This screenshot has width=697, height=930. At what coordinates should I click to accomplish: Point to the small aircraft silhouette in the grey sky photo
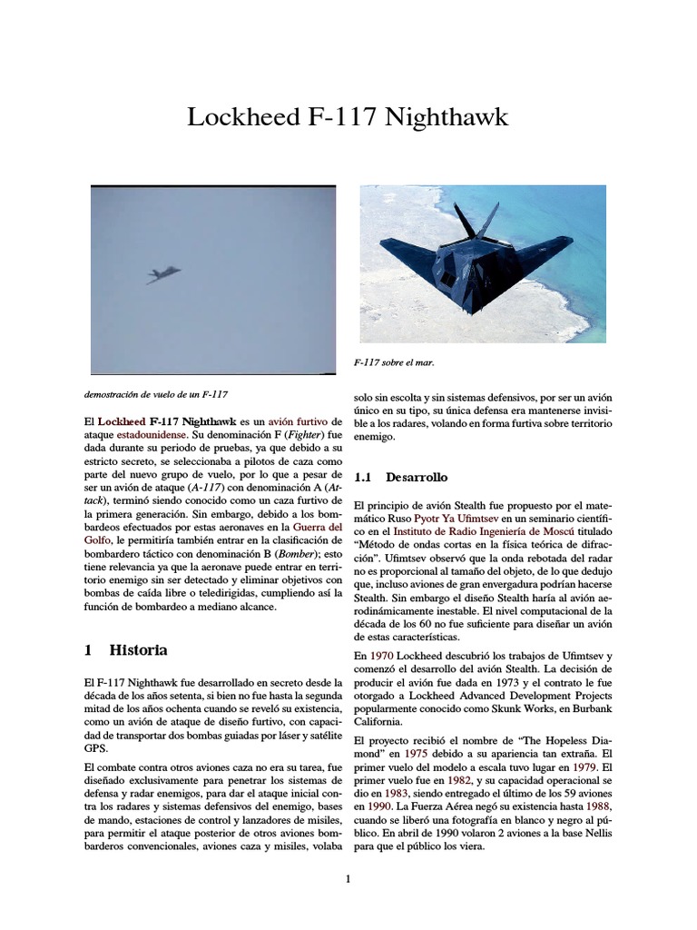click(162, 273)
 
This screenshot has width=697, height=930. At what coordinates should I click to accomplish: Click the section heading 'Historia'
click(138, 650)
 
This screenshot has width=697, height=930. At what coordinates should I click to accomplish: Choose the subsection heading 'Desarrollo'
click(416, 476)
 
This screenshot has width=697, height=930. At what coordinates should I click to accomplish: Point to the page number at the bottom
click(348, 878)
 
